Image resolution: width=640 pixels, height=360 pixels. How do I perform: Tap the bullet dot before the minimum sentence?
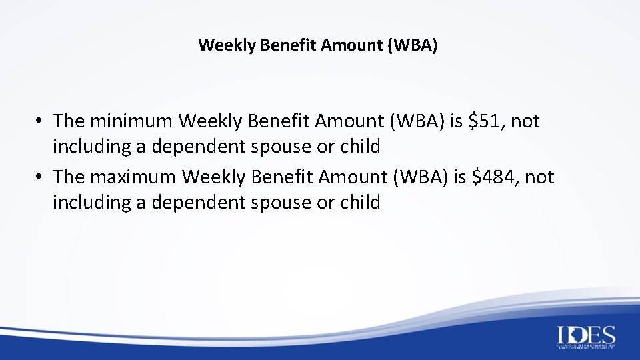pos(41,122)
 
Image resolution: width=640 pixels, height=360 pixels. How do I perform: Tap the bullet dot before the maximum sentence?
pos(41,178)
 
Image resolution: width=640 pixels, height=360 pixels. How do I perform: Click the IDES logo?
pos(586,337)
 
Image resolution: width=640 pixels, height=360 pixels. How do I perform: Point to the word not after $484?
pos(539,177)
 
